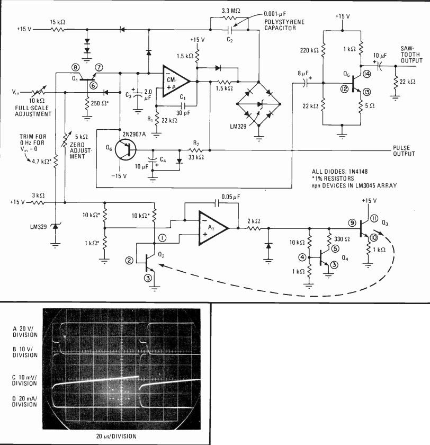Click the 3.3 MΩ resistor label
coord(231,11)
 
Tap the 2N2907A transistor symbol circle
coord(126,149)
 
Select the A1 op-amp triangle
coord(213,228)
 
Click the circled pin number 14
coord(367,74)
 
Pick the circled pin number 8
coord(75,67)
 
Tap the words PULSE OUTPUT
coord(404,151)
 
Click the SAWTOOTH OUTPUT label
coord(411,55)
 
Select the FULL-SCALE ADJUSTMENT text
coord(33,111)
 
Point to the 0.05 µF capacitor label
coord(230,197)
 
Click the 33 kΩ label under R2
coord(196,157)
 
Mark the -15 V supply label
coord(119,176)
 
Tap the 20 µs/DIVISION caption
coord(117,436)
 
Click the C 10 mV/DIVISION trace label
coord(24,380)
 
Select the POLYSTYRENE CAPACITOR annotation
coord(284,25)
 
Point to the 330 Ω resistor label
coord(342,239)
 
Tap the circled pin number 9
coord(352,223)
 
